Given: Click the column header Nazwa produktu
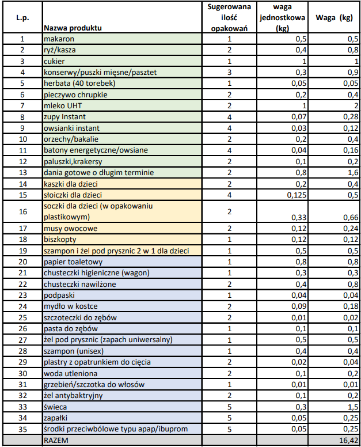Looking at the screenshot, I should (73, 28).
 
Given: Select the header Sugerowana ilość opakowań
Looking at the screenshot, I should (229, 17).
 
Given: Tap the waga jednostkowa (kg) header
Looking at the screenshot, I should (282, 17).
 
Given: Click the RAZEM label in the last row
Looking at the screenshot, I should (55, 441).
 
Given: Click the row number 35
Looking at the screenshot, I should (22, 429).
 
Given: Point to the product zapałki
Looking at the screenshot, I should (58, 418).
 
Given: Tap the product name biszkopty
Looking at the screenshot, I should (60, 240).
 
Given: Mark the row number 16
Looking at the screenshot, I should (22, 211).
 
